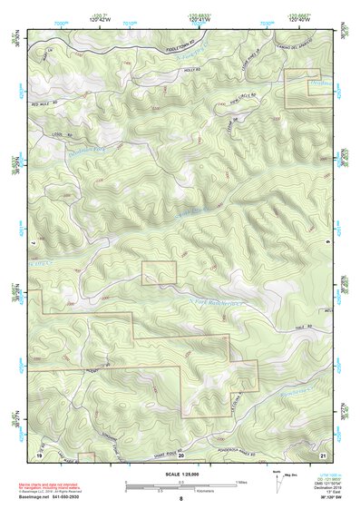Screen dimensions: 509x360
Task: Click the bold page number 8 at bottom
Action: [180, 500]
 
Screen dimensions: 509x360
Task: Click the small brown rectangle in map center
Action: [158, 272]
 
